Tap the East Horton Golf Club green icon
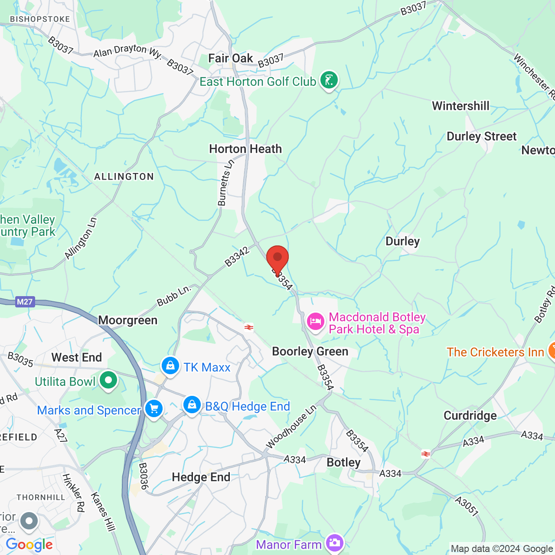[x=329, y=81]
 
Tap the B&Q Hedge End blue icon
[x=192, y=405]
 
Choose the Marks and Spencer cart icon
[x=153, y=409]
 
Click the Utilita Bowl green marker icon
[x=108, y=381]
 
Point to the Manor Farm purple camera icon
[x=335, y=543]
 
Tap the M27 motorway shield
[x=25, y=302]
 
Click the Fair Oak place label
[x=230, y=58]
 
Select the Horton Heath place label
[x=245, y=149]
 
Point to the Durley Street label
[x=482, y=136]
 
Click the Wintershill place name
[x=460, y=106]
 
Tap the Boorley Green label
[x=310, y=351]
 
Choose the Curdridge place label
[x=470, y=415]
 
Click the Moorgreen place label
[x=128, y=320]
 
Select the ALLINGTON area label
[x=124, y=176]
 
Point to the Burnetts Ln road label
[x=225, y=183]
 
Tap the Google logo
[x=29, y=545]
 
